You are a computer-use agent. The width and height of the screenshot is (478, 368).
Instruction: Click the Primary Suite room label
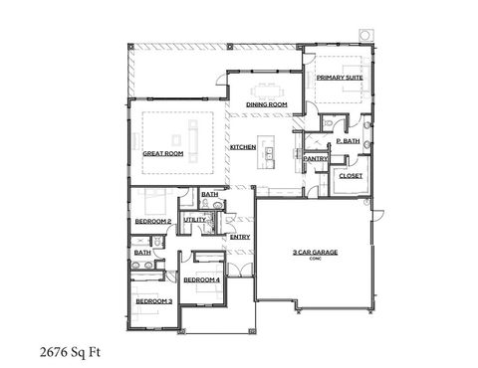339,77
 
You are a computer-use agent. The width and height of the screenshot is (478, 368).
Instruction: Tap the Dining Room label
267,104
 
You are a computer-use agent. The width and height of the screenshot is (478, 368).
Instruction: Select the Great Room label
162,153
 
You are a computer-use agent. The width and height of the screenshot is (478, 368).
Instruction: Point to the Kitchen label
243,147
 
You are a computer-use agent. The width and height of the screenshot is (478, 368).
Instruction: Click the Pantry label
316,158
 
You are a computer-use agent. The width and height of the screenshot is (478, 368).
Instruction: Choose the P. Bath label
348,141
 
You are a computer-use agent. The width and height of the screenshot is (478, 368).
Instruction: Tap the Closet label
350,176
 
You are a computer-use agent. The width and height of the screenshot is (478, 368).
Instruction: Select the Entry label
239,237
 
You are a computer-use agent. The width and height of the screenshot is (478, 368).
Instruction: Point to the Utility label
194,219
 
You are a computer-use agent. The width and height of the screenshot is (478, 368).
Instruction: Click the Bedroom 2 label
153,221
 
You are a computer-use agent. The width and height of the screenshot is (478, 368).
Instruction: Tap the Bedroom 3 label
154,300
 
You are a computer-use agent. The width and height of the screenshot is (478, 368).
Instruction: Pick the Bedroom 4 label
202,280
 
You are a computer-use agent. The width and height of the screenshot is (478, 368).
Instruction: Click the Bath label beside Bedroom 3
143,253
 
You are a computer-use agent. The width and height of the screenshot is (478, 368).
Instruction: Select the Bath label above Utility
209,195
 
